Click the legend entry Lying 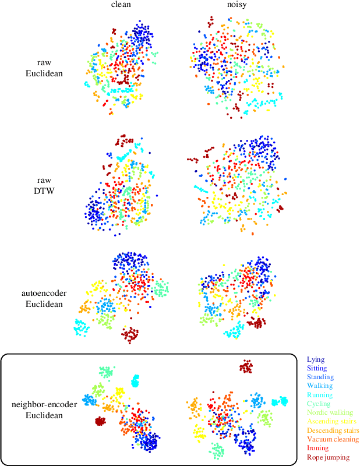[x=316, y=360]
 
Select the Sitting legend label [x=317, y=369]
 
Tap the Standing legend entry [x=320, y=377]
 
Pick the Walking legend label [x=319, y=386]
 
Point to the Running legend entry [x=319, y=395]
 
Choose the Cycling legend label [x=318, y=404]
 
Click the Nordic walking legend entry [x=329, y=412]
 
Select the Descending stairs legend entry [x=333, y=430]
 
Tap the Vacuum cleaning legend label [x=333, y=439]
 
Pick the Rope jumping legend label [x=328, y=457]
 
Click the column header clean [x=121, y=5]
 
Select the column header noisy [x=237, y=5]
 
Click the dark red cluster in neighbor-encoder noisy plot [x=246, y=366]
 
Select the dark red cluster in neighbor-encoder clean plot [x=100, y=421]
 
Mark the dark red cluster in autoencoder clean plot [x=130, y=334]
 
